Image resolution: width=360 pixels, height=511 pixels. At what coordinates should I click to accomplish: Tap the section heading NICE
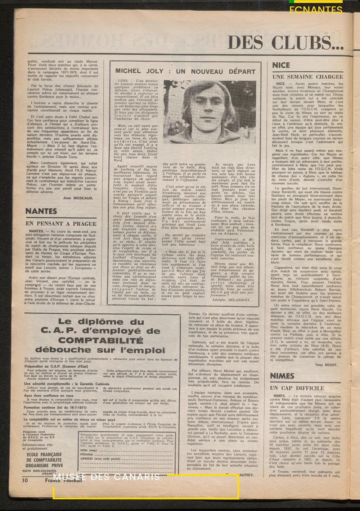(x=282, y=66)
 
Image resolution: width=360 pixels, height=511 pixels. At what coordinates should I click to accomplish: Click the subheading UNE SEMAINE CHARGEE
(x=307, y=77)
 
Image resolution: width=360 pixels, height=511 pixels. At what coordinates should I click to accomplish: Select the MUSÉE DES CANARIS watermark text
(x=108, y=477)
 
